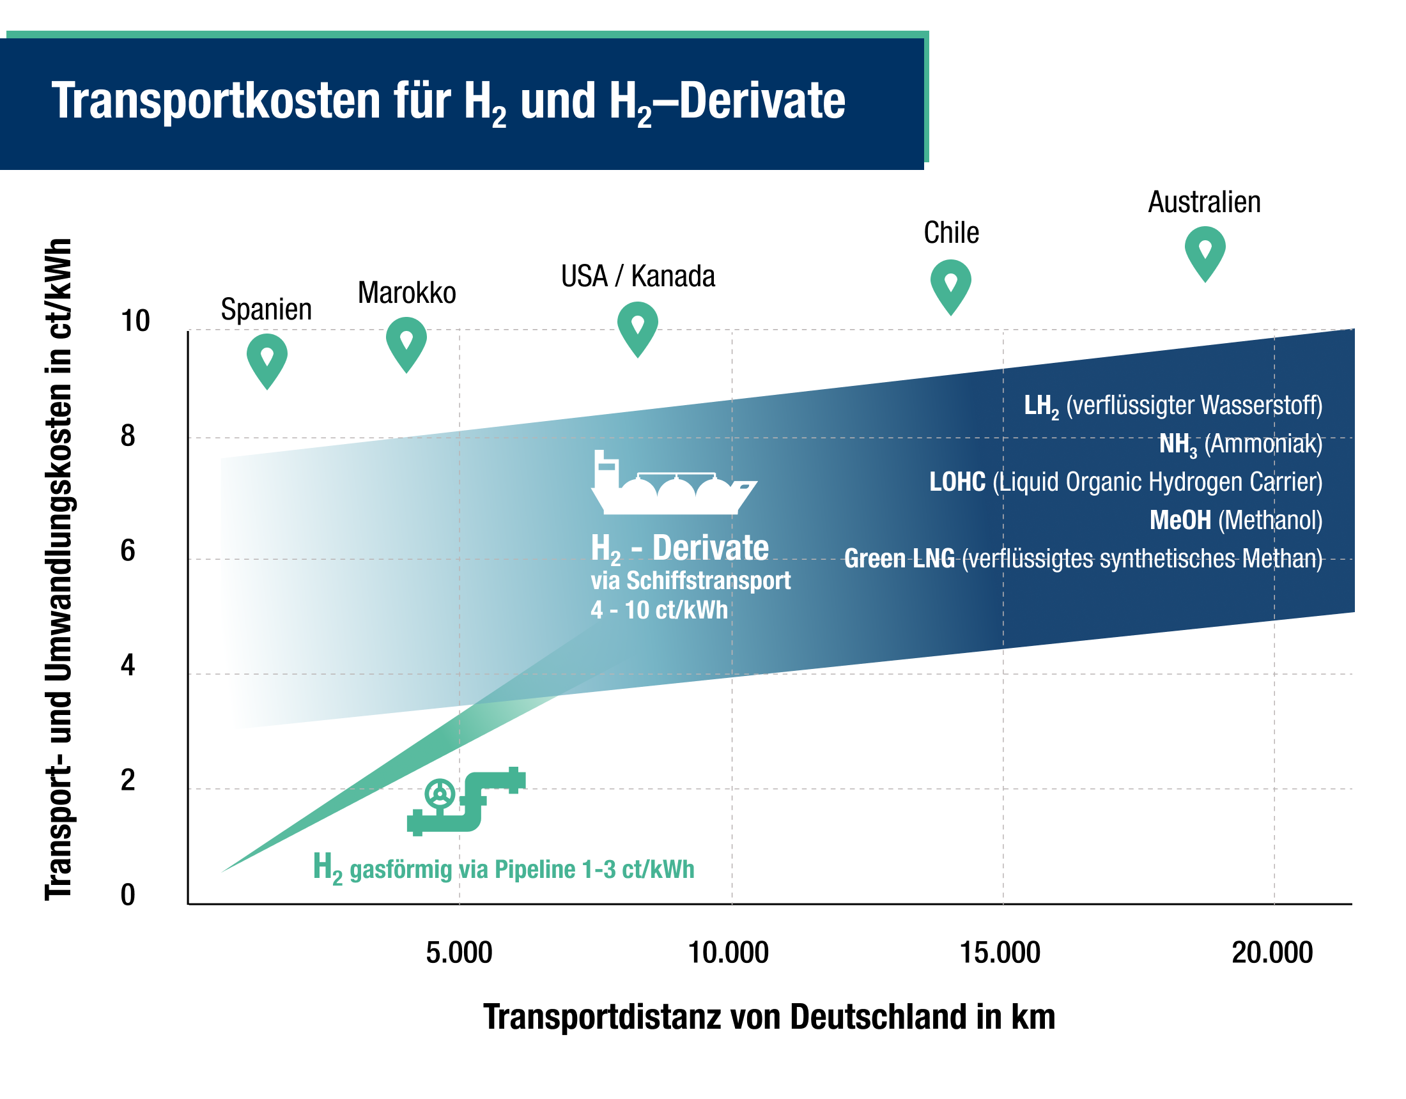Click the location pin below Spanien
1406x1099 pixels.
pos(267,359)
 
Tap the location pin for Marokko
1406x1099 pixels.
pos(406,342)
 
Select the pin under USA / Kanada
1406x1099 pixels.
pos(637,327)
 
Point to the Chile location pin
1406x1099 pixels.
pos(950,285)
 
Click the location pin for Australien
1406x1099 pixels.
pos(1205,252)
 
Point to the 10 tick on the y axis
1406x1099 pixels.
pos(135,321)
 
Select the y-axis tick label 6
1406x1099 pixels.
pos(127,551)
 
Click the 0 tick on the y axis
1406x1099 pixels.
pos(127,895)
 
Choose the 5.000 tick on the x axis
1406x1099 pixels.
pos(459,953)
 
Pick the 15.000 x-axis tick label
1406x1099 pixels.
pos(1000,953)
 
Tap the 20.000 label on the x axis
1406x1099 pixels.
pos(1271,953)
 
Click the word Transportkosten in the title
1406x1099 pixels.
pos(216,101)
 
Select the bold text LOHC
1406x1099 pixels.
pos(957,482)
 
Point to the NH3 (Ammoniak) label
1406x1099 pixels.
pos(1240,444)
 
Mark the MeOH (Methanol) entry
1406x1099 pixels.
pos(1235,520)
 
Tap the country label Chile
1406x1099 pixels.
pos(951,233)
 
